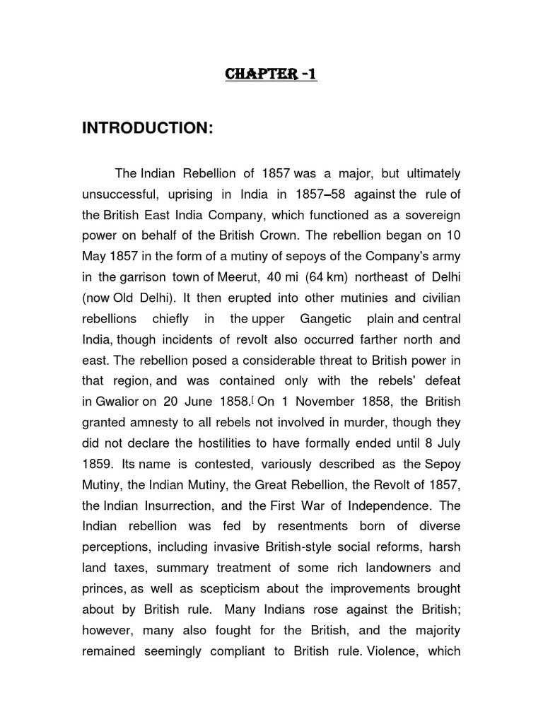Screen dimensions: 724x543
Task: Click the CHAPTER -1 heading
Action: (x=271, y=74)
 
